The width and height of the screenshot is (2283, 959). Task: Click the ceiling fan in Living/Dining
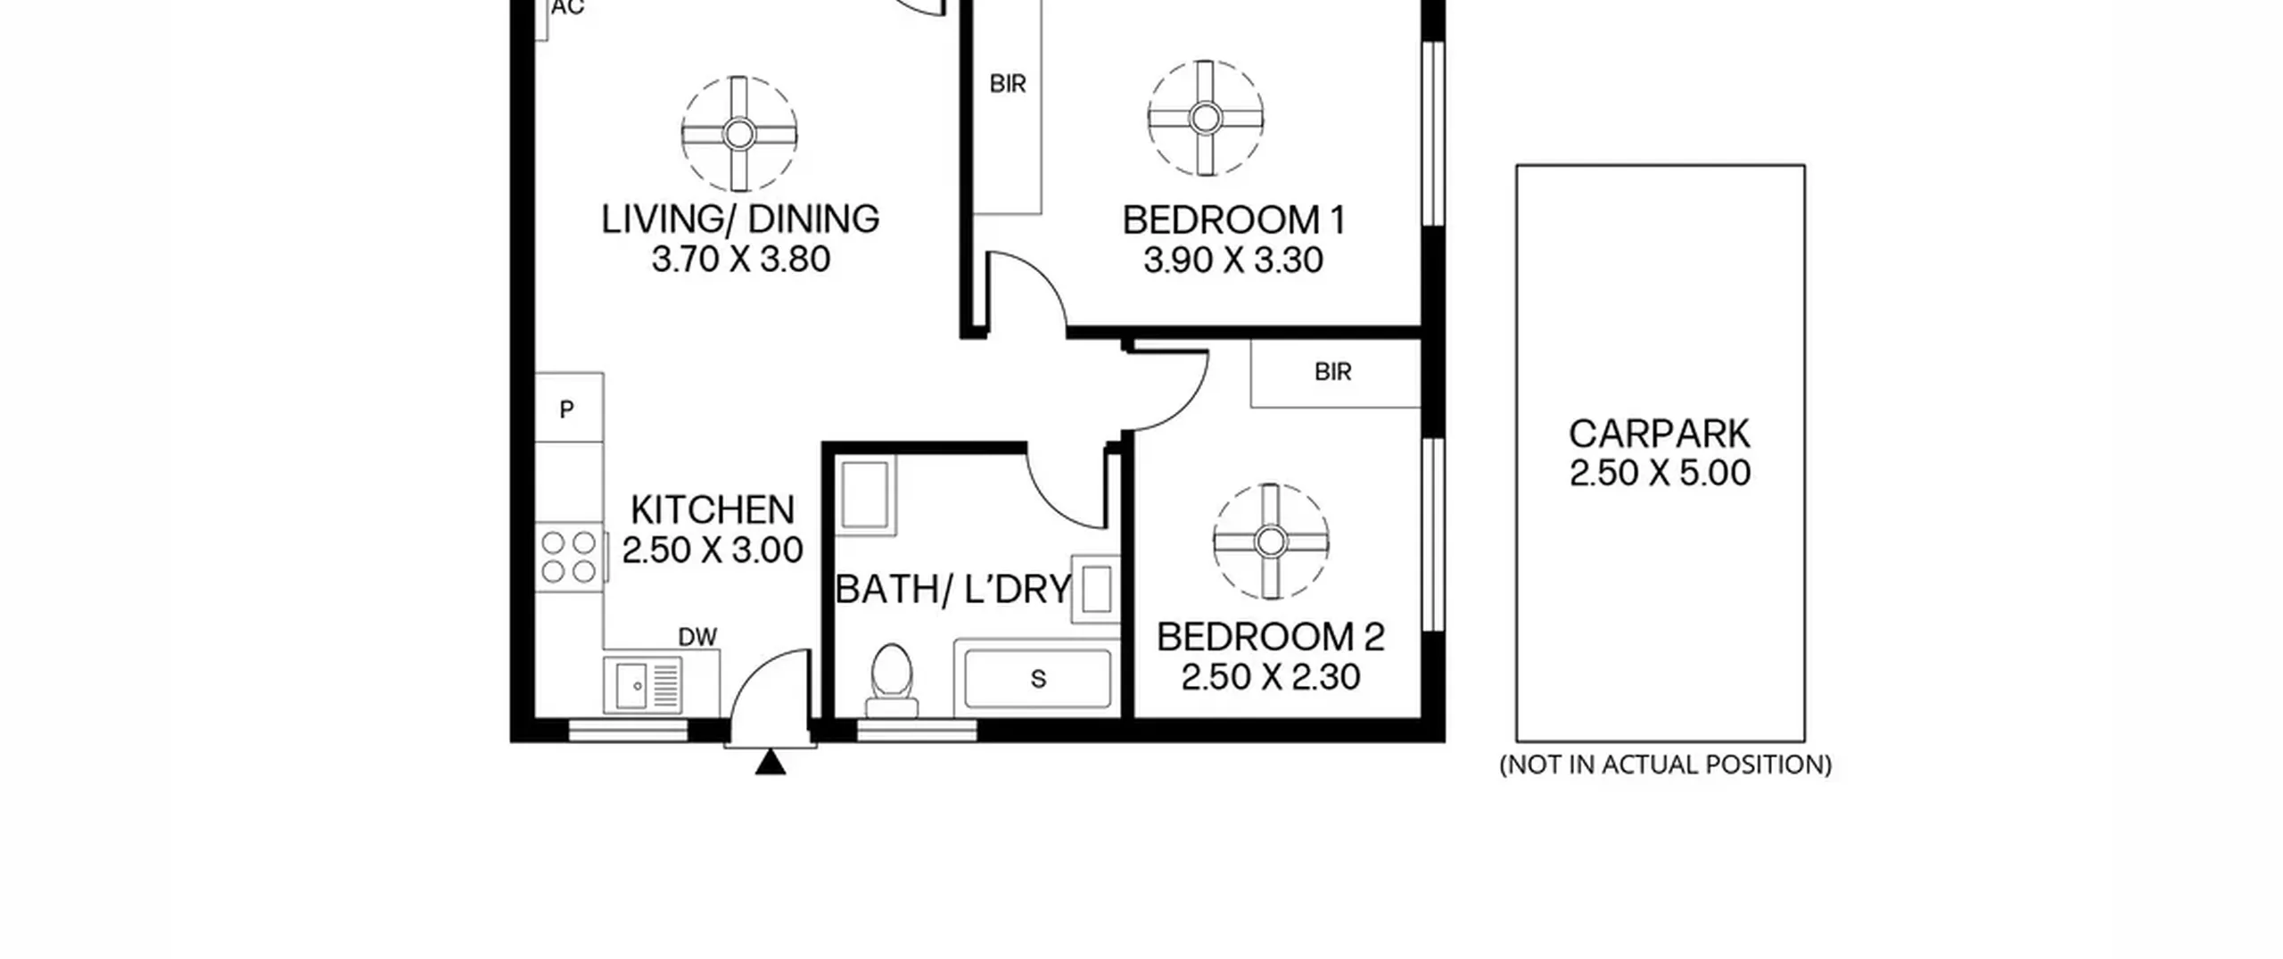739,135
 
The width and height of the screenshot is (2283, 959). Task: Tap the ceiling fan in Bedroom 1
1206,118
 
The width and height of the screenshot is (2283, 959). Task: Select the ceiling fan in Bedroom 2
1271,542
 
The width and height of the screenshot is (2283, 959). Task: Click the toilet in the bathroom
891,681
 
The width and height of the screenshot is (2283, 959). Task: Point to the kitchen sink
643,685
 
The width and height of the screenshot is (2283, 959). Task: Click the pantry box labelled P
569,408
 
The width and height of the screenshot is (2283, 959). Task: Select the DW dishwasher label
697,637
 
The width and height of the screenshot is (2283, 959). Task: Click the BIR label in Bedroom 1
1008,84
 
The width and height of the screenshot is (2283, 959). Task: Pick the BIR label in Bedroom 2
1333,372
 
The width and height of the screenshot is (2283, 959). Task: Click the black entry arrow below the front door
771,763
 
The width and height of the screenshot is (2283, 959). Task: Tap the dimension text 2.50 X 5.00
1660,473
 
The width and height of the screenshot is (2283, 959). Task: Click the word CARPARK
1660,434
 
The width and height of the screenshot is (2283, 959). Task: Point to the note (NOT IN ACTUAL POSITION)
1665,765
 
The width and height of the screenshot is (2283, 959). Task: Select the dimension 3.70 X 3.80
741,260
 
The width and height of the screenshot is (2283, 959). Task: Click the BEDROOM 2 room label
1271,637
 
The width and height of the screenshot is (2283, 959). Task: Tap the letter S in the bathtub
1038,679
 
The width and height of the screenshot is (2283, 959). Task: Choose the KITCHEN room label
713,510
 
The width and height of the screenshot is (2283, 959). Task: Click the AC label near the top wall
568,8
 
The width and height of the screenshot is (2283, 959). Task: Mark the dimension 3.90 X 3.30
1233,260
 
